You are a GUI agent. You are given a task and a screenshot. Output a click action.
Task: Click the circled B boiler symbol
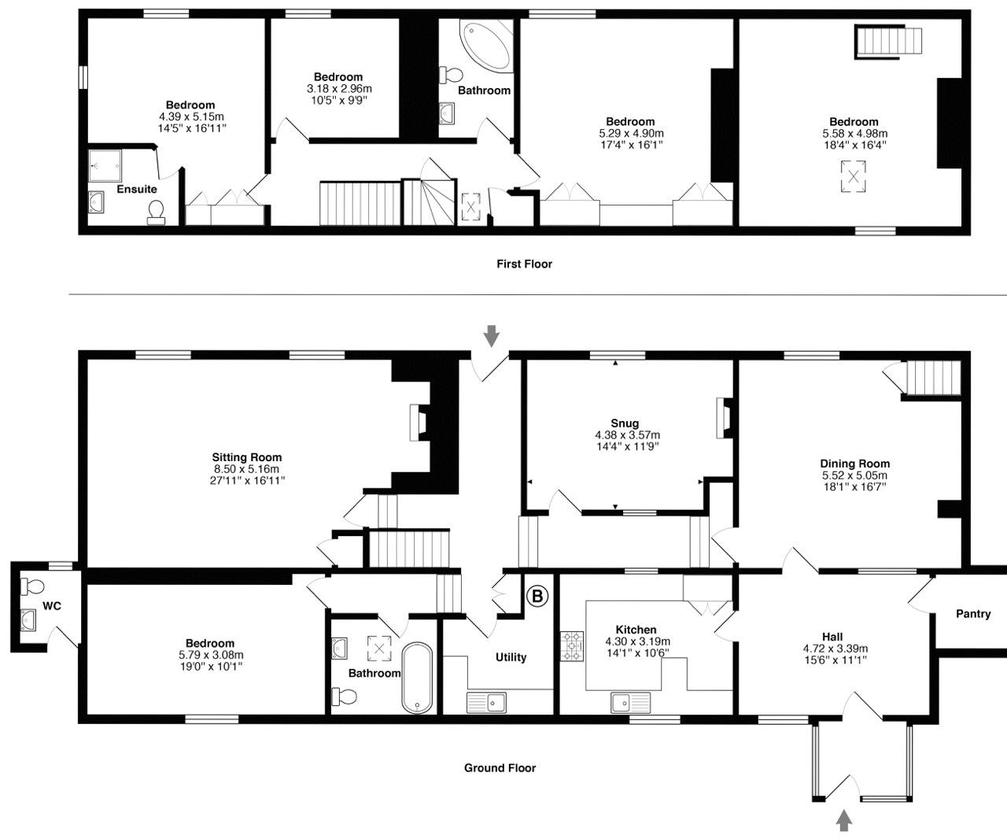pyautogui.click(x=537, y=597)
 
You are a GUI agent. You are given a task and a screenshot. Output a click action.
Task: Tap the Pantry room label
pyautogui.click(x=973, y=614)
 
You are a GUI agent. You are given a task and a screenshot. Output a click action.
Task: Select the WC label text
pyautogui.click(x=52, y=606)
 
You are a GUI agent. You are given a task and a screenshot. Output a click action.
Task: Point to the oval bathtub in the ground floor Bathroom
pyautogui.click(x=417, y=678)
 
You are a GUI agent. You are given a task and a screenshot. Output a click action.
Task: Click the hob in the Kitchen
pyautogui.click(x=572, y=645)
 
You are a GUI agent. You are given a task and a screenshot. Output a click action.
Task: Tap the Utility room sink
pyautogui.click(x=486, y=701)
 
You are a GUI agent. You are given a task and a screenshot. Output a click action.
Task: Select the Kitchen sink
pyautogui.click(x=630, y=701)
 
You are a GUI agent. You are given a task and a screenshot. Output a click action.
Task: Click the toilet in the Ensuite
pyautogui.click(x=156, y=212)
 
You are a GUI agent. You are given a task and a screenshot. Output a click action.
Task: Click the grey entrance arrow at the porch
pyautogui.click(x=844, y=821)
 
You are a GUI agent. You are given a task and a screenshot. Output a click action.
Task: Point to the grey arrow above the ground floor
pyautogui.click(x=492, y=335)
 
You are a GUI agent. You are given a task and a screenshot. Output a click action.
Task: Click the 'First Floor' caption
pyautogui.click(x=524, y=264)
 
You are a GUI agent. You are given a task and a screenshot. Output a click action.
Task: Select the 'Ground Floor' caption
pyautogui.click(x=500, y=768)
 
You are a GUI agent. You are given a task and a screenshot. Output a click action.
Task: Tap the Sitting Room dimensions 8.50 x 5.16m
pyautogui.click(x=246, y=469)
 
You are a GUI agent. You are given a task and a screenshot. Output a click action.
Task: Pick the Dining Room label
pyautogui.click(x=854, y=464)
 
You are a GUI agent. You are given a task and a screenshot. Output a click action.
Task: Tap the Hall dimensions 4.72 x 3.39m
pyautogui.click(x=832, y=649)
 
